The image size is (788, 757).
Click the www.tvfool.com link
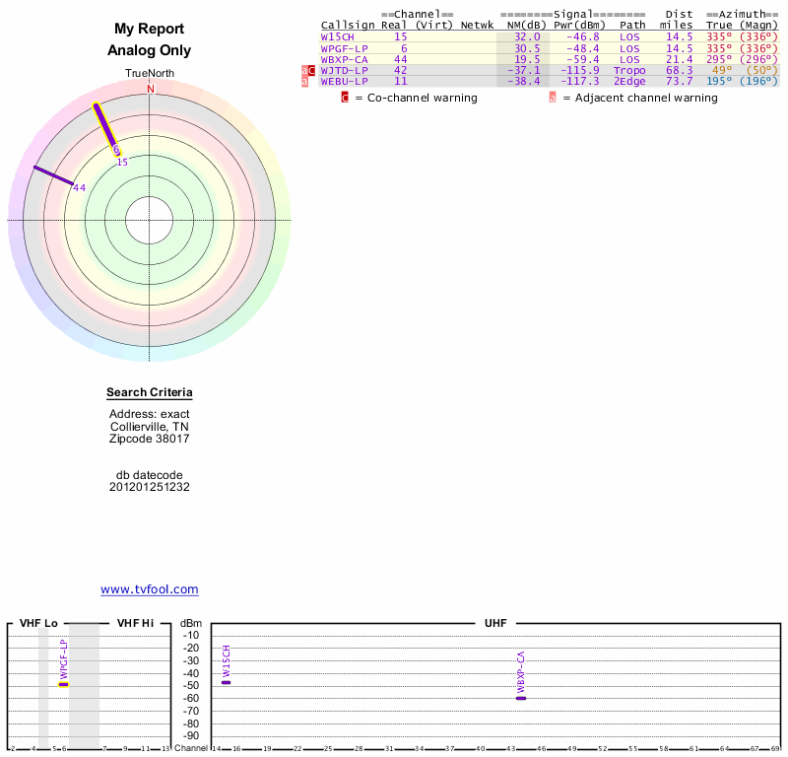[x=150, y=589]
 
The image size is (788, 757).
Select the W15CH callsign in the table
[x=337, y=36]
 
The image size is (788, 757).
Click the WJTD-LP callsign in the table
[x=344, y=70]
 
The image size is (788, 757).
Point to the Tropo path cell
[x=629, y=70]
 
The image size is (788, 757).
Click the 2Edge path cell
[x=629, y=81]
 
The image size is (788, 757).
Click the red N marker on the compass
[x=151, y=89]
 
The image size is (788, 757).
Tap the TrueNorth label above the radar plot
[x=150, y=74]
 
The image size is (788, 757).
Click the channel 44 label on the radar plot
[x=80, y=187]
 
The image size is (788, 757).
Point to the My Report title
[x=150, y=30]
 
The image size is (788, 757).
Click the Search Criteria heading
[x=150, y=393]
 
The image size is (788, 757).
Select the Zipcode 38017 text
[x=150, y=439]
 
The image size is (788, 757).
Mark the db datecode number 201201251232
[x=150, y=487]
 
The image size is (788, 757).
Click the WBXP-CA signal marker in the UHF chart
[x=521, y=698]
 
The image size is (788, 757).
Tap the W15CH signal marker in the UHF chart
[x=226, y=682]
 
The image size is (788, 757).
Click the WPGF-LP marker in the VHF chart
[x=64, y=684]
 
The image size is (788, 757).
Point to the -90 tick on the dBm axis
[x=191, y=735]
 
